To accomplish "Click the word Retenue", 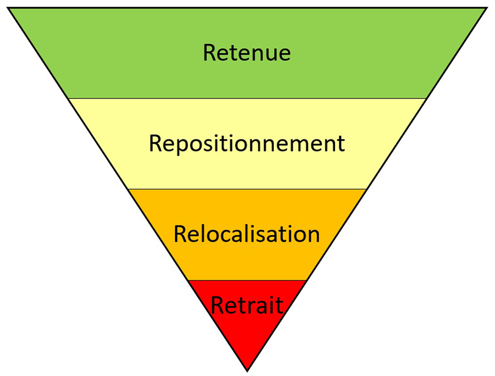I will pyautogui.click(x=246, y=53).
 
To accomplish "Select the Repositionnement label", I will pyautogui.click(x=247, y=144).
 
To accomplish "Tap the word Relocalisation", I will pyautogui.click(x=247, y=234).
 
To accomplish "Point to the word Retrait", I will pyautogui.click(x=247, y=305).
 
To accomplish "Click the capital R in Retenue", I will pyautogui.click(x=209, y=53).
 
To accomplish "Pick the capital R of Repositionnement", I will pyautogui.click(x=156, y=144).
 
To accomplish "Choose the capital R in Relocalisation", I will pyautogui.click(x=180, y=234).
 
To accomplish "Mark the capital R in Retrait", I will pyautogui.click(x=218, y=305).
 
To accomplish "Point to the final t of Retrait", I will pyautogui.click(x=279, y=306).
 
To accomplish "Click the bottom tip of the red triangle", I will pyautogui.click(x=247, y=369).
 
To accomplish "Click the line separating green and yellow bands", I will pyautogui.click(x=247, y=98).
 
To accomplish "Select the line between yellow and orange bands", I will pyautogui.click(x=247, y=189).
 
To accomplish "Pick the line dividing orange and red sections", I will pyautogui.click(x=247, y=280).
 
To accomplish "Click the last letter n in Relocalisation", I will pyautogui.click(x=313, y=236).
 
